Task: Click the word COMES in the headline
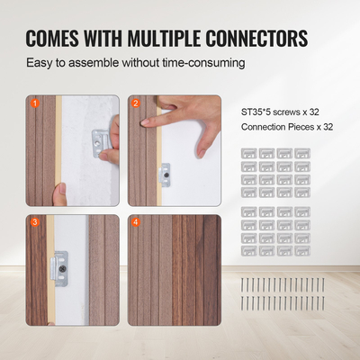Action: [55, 39]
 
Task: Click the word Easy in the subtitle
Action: [40, 64]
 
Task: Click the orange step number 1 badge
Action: [35, 103]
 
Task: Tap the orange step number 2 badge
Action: [136, 103]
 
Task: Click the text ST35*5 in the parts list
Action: [258, 112]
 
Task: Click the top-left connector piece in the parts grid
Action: [249, 155]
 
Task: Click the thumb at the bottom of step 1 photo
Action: [59, 193]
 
